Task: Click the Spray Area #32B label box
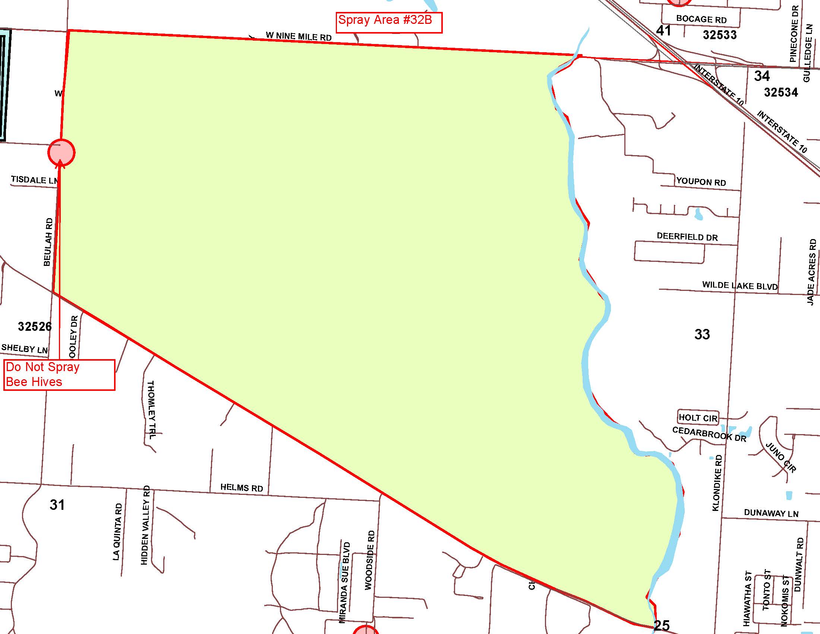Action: click(389, 22)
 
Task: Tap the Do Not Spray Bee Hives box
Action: click(59, 375)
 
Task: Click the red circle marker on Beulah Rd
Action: click(61, 153)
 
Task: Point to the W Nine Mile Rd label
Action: click(299, 37)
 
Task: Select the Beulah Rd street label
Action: click(48, 242)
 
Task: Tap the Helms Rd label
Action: click(242, 487)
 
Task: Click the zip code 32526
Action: click(35, 326)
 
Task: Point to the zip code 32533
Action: click(719, 35)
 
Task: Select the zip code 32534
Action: click(781, 92)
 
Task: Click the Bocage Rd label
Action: click(701, 19)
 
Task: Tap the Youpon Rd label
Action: click(701, 182)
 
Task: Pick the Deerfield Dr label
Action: click(687, 236)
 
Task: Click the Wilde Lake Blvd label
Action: click(739, 285)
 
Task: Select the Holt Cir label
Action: click(698, 418)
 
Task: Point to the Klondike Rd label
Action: click(717, 483)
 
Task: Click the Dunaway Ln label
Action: click(771, 513)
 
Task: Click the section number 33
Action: click(702, 334)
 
